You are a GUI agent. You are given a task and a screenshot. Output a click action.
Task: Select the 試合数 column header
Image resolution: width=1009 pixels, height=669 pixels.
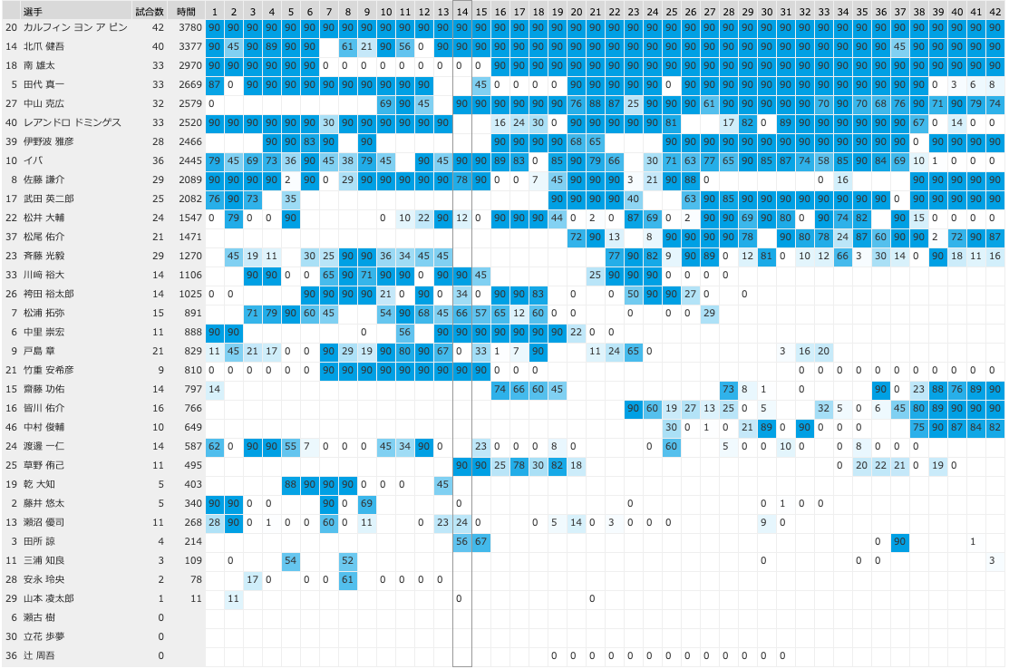pyautogui.click(x=150, y=10)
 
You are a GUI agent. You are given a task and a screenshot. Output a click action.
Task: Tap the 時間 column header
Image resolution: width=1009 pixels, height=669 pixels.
pyautogui.click(x=186, y=10)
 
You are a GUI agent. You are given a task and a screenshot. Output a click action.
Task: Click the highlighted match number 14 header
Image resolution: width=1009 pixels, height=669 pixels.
pyautogui.click(x=462, y=10)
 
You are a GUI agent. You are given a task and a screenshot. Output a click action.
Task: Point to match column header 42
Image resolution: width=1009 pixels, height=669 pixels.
pyautogui.click(x=994, y=10)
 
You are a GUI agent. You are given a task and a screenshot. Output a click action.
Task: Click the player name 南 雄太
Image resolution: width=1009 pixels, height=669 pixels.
pyautogui.click(x=41, y=65)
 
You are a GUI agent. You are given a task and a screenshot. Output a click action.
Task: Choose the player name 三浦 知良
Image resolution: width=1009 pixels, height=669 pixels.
pyautogui.click(x=44, y=560)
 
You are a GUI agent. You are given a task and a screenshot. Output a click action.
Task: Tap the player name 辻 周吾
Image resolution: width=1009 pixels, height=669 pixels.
pyautogui.click(x=41, y=655)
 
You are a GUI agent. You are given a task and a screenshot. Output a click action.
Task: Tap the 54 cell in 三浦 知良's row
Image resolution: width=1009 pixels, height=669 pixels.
pyautogui.click(x=291, y=560)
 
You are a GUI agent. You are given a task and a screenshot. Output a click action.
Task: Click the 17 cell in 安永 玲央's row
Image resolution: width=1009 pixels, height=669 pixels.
pyautogui.click(x=253, y=579)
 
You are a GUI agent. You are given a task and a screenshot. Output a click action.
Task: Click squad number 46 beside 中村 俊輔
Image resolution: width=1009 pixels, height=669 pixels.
pyautogui.click(x=12, y=427)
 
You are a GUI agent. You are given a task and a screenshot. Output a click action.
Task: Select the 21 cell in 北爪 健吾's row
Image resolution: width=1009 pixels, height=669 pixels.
pyautogui.click(x=367, y=46)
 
